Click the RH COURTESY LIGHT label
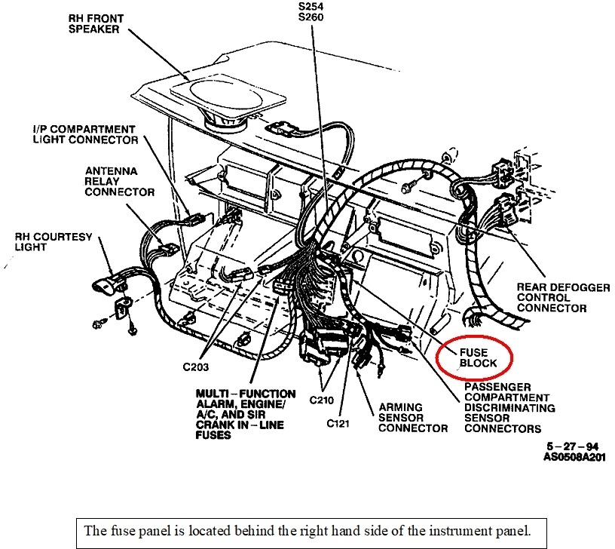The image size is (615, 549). coord(53,242)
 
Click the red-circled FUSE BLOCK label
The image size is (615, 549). coord(474,357)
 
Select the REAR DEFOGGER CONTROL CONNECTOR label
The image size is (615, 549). coord(551,297)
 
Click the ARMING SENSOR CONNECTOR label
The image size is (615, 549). coord(412,417)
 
